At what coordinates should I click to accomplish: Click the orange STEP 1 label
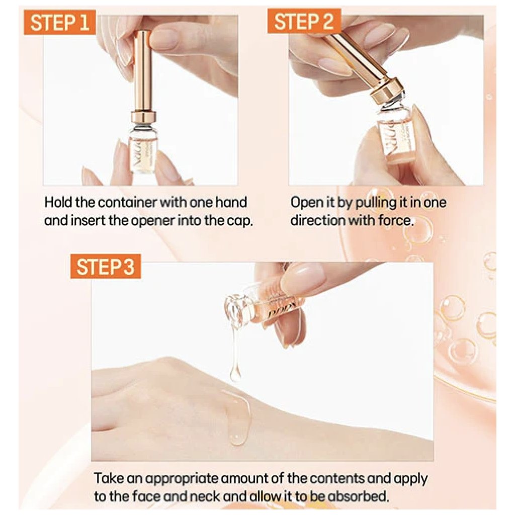click(59, 22)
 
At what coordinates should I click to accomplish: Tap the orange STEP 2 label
click(304, 21)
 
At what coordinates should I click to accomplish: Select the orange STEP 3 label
click(106, 267)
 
